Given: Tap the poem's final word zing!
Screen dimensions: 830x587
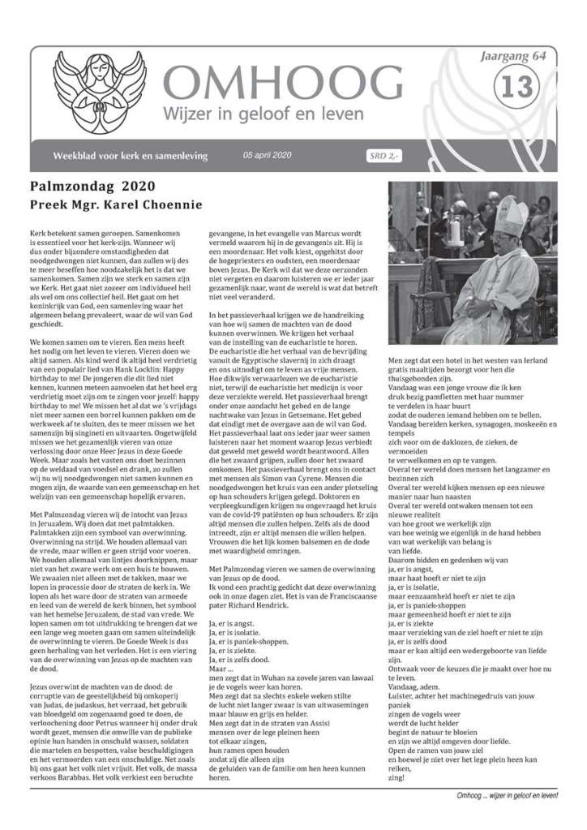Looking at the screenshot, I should pos(398,757).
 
